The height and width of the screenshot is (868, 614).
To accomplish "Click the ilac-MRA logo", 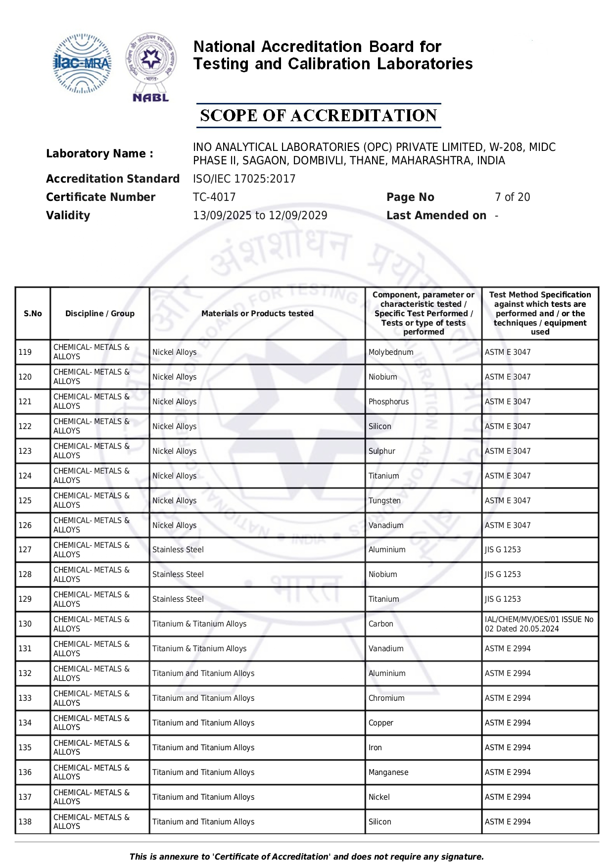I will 82,63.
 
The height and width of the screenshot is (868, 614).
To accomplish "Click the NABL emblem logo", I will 151,67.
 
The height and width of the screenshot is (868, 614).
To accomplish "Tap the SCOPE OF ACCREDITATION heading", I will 318,116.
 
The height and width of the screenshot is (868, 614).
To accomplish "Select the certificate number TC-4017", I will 214,197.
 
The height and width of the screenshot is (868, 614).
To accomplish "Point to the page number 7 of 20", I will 512,197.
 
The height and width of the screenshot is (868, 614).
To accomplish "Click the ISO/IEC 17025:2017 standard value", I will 244,179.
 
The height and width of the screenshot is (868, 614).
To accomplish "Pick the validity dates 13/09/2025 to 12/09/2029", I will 260,215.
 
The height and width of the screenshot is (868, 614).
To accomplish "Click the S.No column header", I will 33,313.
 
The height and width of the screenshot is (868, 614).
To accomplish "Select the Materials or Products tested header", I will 257,313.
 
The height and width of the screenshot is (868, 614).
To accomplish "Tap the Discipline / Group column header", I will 100,313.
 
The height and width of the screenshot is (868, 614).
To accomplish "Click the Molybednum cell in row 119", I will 391,352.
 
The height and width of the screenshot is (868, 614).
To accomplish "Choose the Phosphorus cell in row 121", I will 388,402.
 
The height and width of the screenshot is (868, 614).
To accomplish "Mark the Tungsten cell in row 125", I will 384,501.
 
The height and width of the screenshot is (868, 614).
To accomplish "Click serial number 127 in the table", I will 25,550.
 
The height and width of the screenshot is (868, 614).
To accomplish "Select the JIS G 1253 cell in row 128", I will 503,575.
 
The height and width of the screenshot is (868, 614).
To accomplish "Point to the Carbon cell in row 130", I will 381,624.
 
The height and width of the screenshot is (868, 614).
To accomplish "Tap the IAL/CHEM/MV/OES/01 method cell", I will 539,624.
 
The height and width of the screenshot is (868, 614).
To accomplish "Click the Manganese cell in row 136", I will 388,772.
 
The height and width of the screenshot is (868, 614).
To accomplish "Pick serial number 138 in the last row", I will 25,822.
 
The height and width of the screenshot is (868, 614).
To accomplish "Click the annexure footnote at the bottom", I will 307,857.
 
